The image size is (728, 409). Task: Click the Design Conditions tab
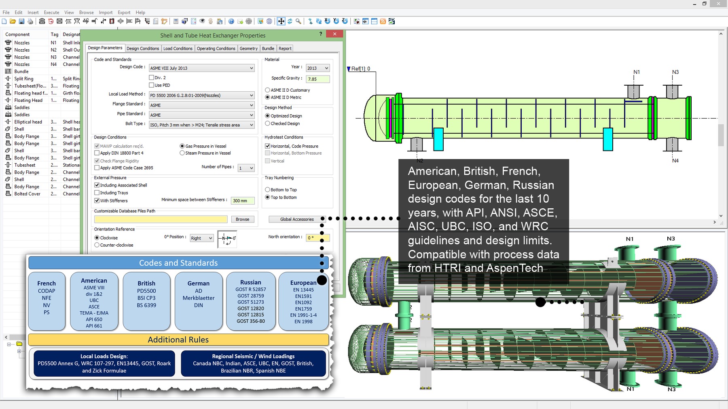[143, 48]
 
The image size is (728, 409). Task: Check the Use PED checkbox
[152, 85]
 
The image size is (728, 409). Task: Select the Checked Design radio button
[267, 124]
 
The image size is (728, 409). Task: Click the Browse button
[242, 219]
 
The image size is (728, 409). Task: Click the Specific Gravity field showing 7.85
[317, 79]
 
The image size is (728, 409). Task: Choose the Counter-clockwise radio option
[97, 245]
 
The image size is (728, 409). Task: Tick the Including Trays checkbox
[97, 193]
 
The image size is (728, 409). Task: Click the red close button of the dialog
[334, 34]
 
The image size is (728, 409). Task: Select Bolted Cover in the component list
[27, 194]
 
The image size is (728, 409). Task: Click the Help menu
[140, 13]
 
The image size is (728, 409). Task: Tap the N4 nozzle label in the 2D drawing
[675, 161]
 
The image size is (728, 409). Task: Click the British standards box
[146, 301]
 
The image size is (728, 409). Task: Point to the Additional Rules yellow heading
[178, 340]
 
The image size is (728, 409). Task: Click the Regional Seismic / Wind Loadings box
[253, 363]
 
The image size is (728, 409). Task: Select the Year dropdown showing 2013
[317, 68]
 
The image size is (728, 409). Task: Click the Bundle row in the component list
[21, 71]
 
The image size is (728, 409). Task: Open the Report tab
[285, 48]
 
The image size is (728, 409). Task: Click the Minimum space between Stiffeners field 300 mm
[243, 201]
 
